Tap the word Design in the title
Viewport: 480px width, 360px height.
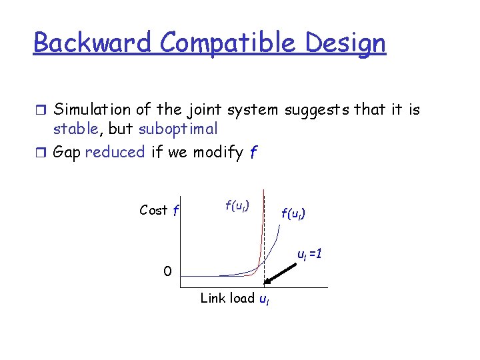tap(347, 43)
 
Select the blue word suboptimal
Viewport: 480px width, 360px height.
tap(178, 128)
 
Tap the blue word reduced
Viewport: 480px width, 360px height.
tap(115, 152)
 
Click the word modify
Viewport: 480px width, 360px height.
tap(218, 152)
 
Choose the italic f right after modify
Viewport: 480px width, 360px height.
tap(252, 153)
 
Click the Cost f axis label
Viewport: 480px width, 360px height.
tap(159, 211)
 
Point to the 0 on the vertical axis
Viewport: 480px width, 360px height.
tap(169, 271)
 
